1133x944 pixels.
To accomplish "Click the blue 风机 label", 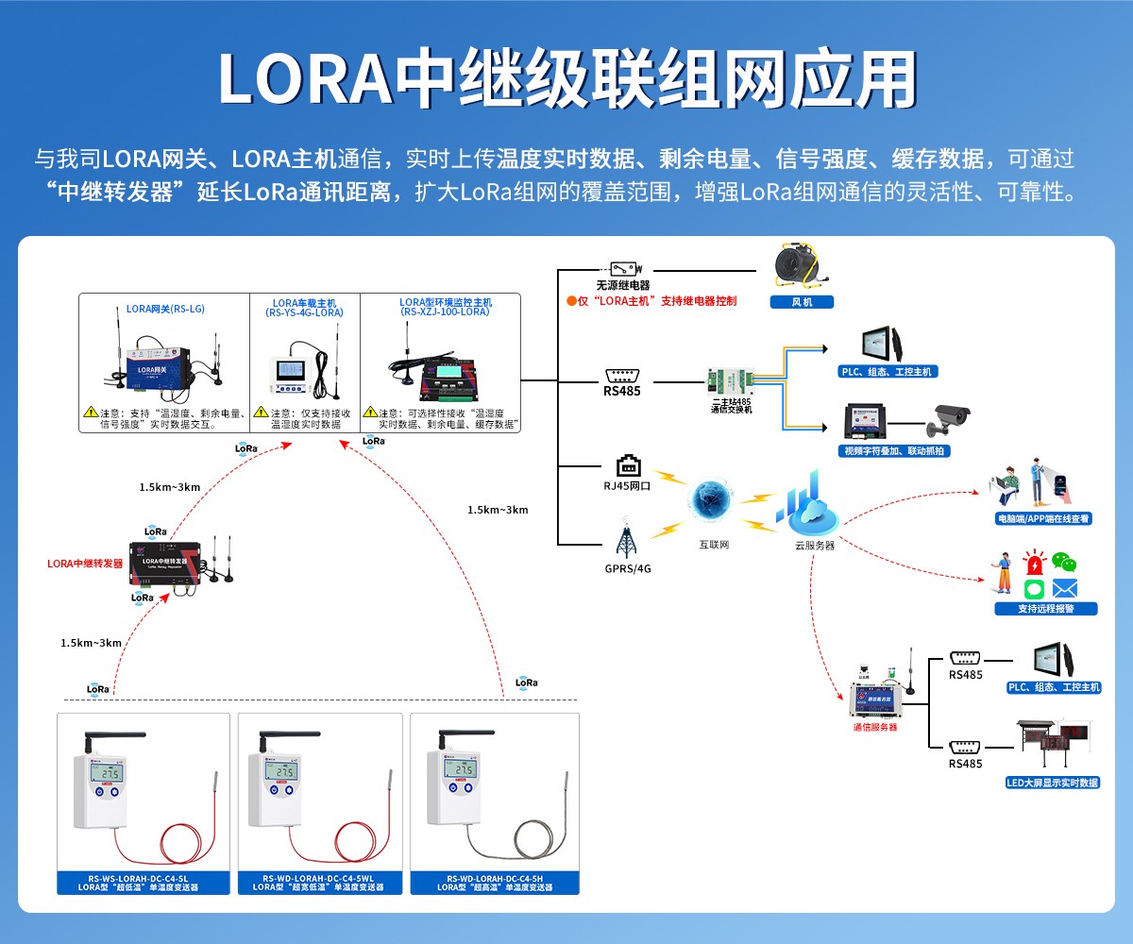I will click(x=801, y=302).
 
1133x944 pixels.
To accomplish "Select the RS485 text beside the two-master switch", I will click(x=622, y=390).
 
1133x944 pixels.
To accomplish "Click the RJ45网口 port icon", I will click(x=628, y=465).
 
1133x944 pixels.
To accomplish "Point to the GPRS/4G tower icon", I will click(x=625, y=539).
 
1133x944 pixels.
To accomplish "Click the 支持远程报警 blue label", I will click(x=1045, y=609).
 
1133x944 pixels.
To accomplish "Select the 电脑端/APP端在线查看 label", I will click(x=1043, y=518).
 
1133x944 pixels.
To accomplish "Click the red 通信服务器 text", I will click(x=875, y=728).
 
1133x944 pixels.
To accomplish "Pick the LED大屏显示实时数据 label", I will click(x=1053, y=783).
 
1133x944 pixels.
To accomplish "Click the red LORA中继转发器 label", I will click(x=85, y=564).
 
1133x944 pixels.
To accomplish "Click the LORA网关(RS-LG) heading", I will click(x=165, y=309).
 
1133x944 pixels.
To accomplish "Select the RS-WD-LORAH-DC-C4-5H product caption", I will click(x=495, y=883).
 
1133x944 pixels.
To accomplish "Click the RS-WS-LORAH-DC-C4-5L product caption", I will click(x=144, y=883).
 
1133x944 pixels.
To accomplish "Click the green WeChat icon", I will click(x=1065, y=564).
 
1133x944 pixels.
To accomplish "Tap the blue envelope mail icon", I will click(x=1065, y=589).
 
